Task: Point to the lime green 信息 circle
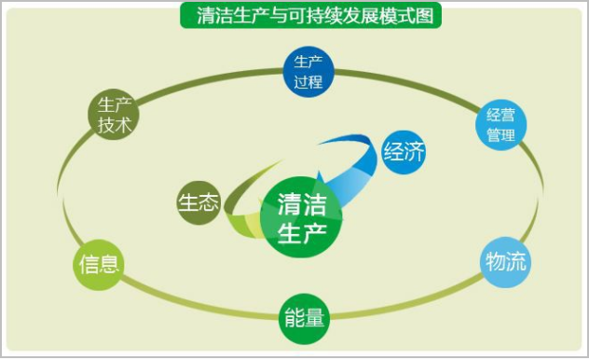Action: (x=99, y=263)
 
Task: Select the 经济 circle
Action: (x=404, y=152)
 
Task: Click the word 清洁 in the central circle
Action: (x=302, y=203)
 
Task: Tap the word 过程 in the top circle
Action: (x=308, y=81)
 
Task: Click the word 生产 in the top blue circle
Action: (x=308, y=62)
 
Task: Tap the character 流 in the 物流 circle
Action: (x=516, y=261)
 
